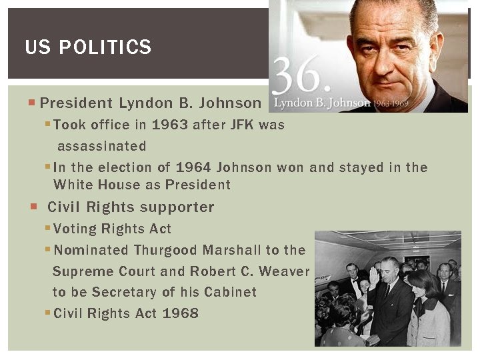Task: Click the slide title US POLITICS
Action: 88,47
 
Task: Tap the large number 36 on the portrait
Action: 301,76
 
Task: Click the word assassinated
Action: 101,145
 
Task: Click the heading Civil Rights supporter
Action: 131,207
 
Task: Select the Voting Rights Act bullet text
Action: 112,229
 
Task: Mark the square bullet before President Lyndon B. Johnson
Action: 33,103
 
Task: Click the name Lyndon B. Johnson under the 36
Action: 322,103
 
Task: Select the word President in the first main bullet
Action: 76,103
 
